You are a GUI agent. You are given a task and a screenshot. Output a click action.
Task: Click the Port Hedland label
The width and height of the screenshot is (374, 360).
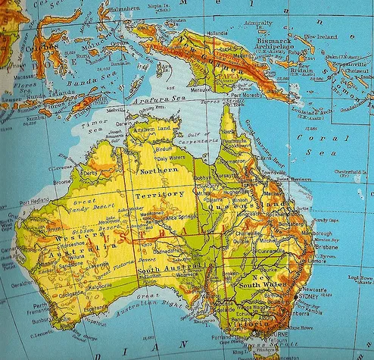(x=34, y=202)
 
